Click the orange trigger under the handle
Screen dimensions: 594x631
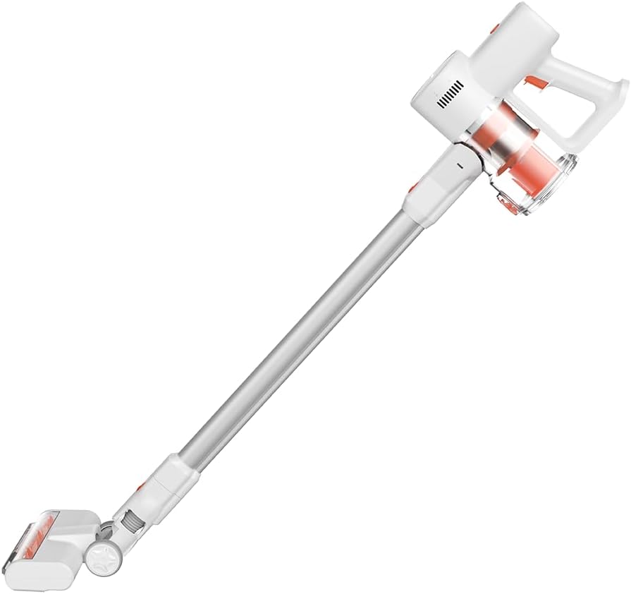point(537,85)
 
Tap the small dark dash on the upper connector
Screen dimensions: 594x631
point(458,165)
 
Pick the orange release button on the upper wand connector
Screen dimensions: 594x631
point(412,189)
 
